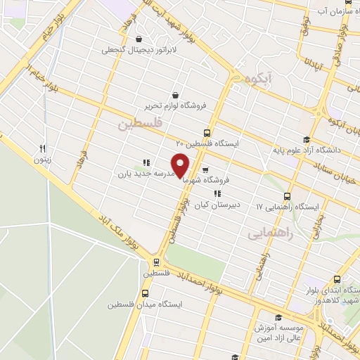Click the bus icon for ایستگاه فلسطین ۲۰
[x=207, y=132]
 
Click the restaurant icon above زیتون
[x=42, y=148]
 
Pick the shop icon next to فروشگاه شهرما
[x=205, y=169]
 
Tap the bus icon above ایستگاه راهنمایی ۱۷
[x=287, y=196]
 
